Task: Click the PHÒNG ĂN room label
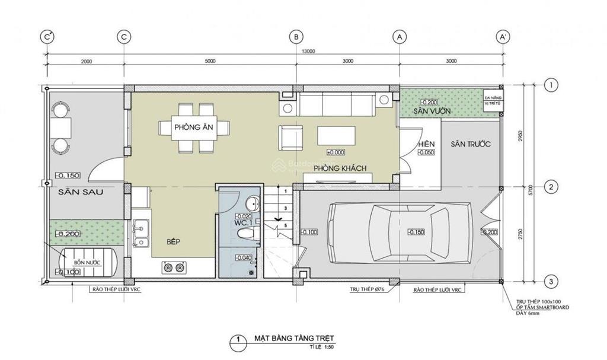click(x=189, y=127)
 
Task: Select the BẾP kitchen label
click(x=173, y=241)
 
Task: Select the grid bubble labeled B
click(x=295, y=37)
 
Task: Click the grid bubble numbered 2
click(x=551, y=187)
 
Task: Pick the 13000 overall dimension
click(x=308, y=51)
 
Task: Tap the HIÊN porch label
click(x=426, y=144)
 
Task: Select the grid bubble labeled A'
click(x=504, y=37)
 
